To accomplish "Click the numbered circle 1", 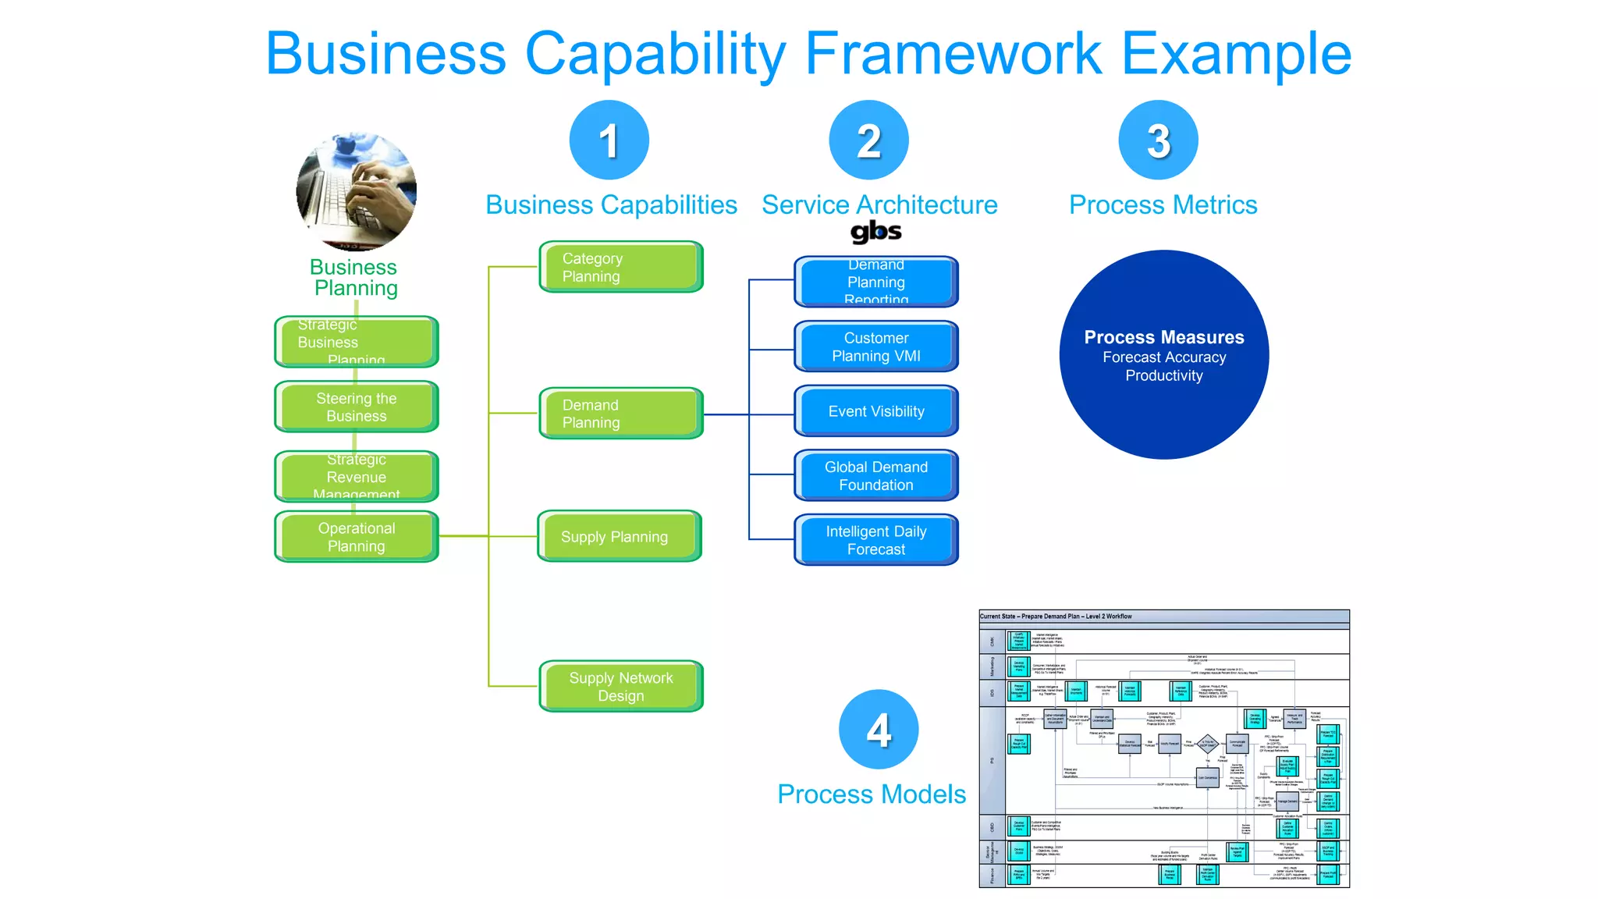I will point(609,140).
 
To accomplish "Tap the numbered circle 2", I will point(868,140).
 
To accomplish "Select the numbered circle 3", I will point(1158,140).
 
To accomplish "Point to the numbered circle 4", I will point(879,730).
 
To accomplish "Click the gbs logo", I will point(875,232).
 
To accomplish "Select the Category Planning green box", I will point(621,267).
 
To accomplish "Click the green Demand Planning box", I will point(621,414).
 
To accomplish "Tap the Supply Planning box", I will point(620,537).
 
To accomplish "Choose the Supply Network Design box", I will point(621,687).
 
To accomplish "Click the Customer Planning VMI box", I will point(875,346).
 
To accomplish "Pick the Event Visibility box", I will point(875,411).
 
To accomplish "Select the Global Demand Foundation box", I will point(875,475).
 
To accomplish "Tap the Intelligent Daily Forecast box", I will point(875,540).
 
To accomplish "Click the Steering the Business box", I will point(357,407).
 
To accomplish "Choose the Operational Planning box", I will point(357,537).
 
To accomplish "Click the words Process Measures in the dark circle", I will point(1163,337).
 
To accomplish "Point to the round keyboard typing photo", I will point(357,191).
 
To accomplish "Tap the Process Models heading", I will point(872,794).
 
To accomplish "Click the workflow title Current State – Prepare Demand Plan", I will point(1055,617).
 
